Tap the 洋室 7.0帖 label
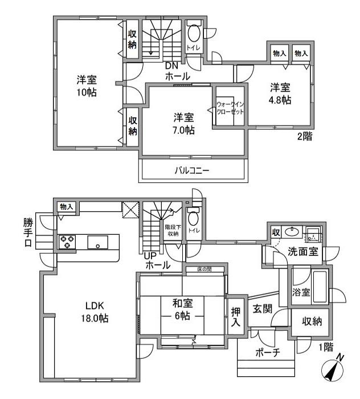(x=183, y=124)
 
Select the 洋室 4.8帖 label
(x=280, y=93)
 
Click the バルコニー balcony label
(x=192, y=170)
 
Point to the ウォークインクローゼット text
(x=230, y=108)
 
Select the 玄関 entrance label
(x=263, y=309)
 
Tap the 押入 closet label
(x=235, y=317)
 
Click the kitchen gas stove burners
(x=67, y=242)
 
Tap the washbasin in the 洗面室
(x=292, y=231)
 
